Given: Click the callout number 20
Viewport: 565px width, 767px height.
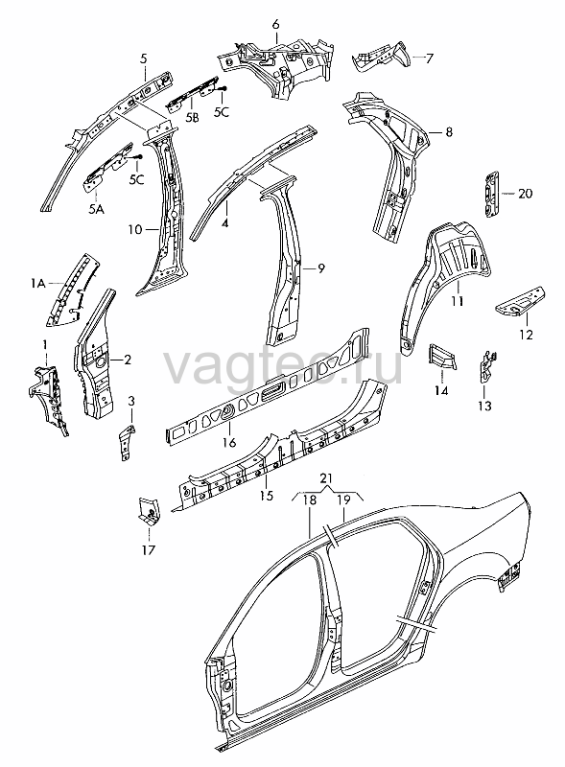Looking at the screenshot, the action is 525,194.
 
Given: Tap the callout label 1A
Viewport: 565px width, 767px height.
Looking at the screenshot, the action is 38,283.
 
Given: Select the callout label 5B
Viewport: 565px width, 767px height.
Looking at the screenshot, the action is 193,117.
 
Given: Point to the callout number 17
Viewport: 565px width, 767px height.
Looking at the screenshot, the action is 149,549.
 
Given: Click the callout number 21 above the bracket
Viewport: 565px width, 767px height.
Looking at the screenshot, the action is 326,477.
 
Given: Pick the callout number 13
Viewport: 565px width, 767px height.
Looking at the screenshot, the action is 484,406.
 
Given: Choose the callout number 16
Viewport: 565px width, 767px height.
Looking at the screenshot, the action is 229,442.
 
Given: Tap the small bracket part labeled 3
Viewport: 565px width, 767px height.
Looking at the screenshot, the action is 128,442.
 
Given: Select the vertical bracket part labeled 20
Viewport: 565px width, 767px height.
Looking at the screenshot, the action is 491,195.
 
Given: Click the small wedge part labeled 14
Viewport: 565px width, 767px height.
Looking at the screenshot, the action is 442,356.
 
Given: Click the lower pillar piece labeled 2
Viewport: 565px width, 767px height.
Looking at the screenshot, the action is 94,356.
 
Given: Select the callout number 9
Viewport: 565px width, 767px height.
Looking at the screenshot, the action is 320,268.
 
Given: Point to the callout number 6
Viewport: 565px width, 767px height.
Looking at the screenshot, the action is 275,24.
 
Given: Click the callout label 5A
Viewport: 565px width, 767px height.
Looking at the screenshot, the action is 96,209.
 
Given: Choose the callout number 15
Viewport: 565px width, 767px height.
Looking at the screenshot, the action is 267,496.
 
